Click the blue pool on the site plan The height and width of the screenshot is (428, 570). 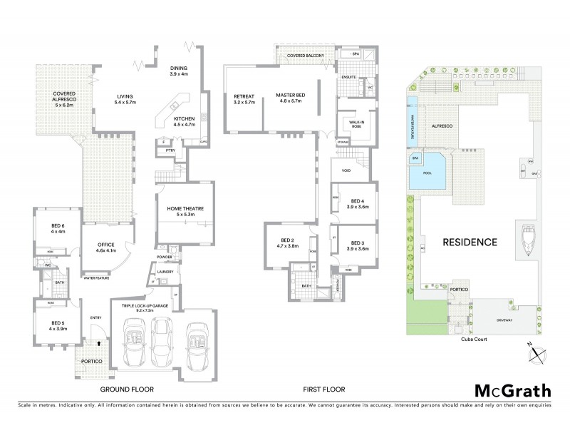pyautogui.click(x=427, y=175)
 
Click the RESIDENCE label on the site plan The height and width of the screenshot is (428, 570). pyautogui.click(x=470, y=242)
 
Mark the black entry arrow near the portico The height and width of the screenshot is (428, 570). pyautogui.click(x=99, y=342)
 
